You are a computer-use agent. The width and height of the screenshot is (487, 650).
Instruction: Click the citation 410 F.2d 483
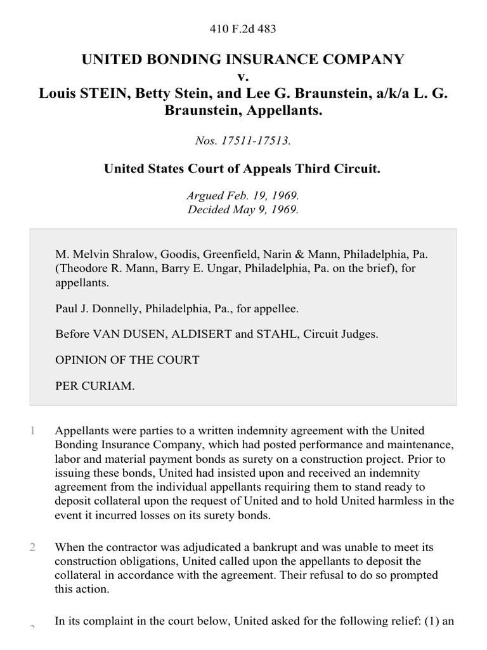tap(243, 29)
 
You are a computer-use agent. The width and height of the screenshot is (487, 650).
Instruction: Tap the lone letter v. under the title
tap(243, 76)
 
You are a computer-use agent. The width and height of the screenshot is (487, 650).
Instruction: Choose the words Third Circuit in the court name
tap(344, 170)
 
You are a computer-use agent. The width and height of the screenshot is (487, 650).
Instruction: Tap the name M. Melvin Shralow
tap(96, 254)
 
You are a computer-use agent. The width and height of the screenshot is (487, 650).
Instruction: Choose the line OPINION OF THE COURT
tap(127, 360)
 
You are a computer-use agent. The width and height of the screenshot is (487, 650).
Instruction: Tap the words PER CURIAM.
tap(95, 385)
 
